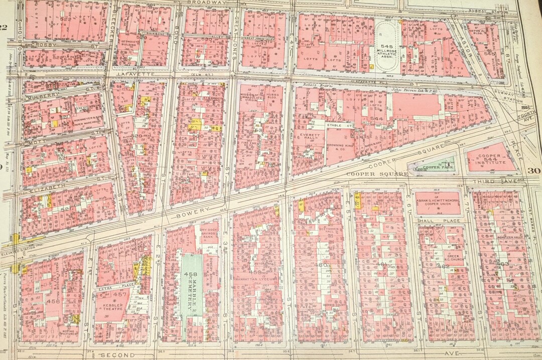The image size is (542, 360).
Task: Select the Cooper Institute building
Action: pyautogui.click(x=491, y=159)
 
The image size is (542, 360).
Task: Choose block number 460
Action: pyautogui.click(x=321, y=264)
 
